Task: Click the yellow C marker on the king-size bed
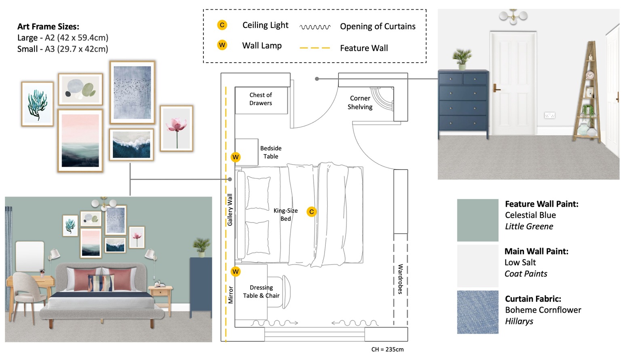(311, 212)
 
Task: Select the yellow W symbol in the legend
(222, 45)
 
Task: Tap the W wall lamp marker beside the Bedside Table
(235, 157)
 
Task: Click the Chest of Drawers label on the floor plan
(261, 99)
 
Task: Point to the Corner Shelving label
(360, 103)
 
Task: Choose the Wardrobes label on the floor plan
(400, 279)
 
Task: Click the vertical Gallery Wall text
(230, 210)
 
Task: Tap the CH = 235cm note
(387, 349)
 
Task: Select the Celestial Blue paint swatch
(477, 220)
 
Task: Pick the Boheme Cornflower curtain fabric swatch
(477, 312)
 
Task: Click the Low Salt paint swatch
(477, 266)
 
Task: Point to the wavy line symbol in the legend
(315, 27)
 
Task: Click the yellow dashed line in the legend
(315, 48)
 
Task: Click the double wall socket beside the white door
(549, 116)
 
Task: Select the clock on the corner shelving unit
(590, 75)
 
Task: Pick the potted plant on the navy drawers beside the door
(462, 59)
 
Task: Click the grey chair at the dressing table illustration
(25, 291)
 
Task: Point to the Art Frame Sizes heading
(48, 27)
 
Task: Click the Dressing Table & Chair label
(261, 292)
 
